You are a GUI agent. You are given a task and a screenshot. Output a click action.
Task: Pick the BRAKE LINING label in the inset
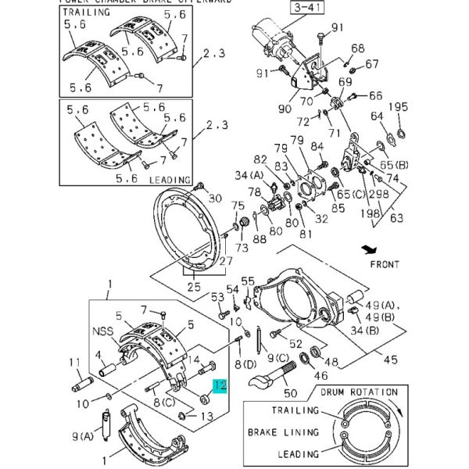pyautogui.click(x=284, y=431)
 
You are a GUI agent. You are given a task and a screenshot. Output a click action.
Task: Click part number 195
pyautogui.click(x=399, y=107)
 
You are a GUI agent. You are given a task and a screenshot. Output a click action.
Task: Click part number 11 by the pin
pyautogui.click(x=75, y=362)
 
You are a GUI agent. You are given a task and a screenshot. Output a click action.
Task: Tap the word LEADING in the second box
pyautogui.click(x=170, y=179)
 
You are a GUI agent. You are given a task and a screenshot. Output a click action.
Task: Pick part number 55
pyautogui.click(x=247, y=281)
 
